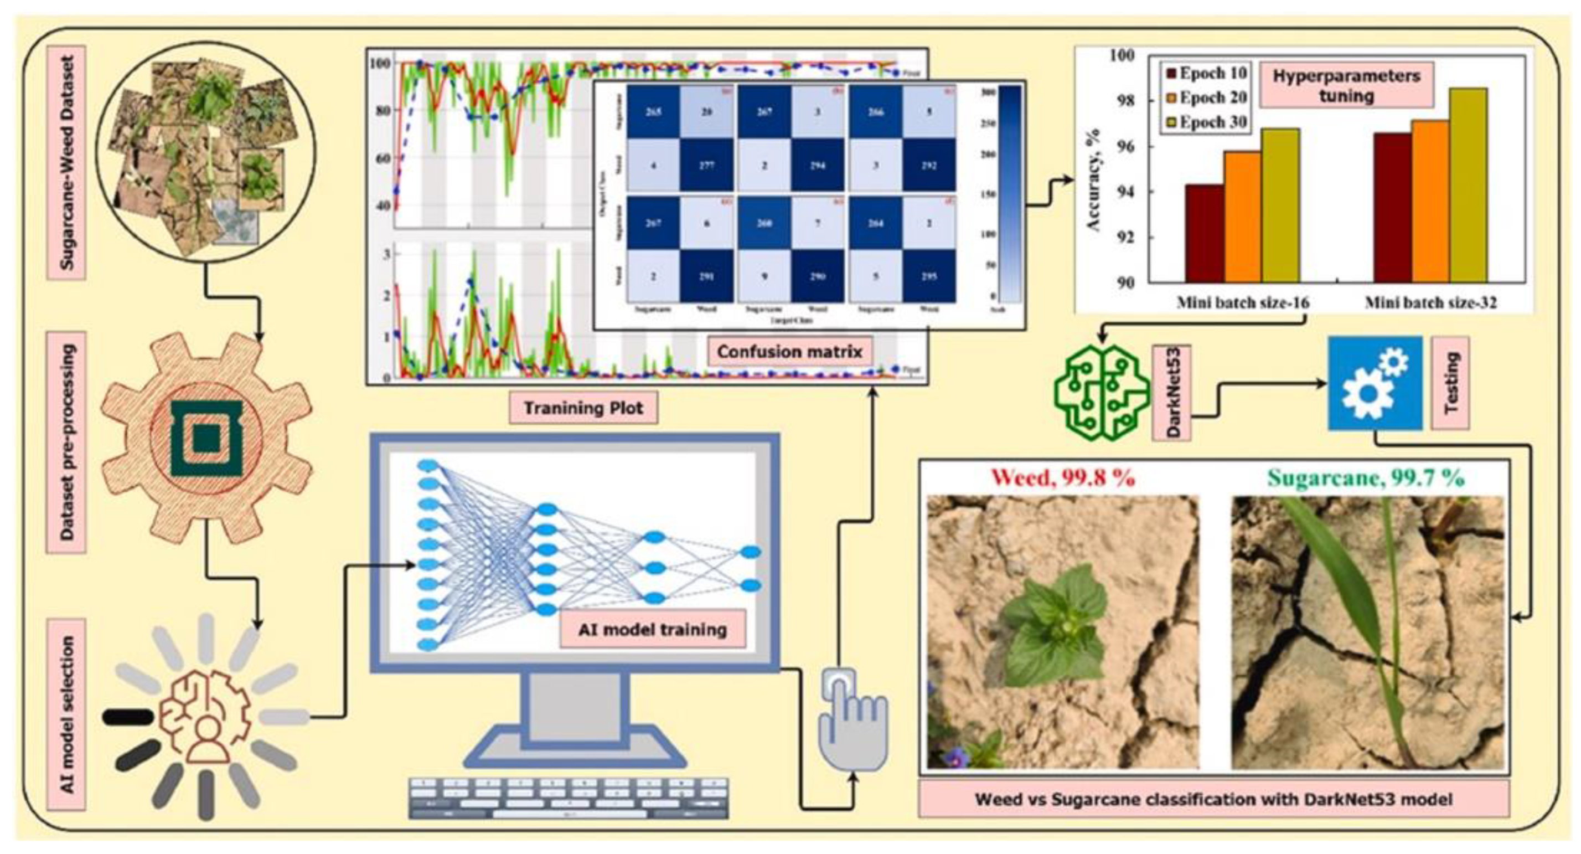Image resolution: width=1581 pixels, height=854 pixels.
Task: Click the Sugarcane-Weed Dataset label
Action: click(x=66, y=163)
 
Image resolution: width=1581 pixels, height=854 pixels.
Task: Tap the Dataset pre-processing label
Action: click(x=66, y=442)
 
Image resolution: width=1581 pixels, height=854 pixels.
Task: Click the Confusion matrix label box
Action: click(x=789, y=352)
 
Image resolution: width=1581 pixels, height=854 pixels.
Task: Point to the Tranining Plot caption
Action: click(x=583, y=408)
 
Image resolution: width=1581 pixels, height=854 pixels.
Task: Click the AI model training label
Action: click(x=653, y=629)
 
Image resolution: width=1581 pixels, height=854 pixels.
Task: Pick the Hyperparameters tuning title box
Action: click(x=1346, y=85)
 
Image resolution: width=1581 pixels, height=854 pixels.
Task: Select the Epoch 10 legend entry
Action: click(x=1206, y=73)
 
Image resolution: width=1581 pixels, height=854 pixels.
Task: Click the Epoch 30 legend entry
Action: click(x=1206, y=122)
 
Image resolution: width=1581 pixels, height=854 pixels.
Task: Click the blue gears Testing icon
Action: click(x=1375, y=382)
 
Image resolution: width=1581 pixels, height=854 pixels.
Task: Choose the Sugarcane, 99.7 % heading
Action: click(x=1366, y=477)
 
